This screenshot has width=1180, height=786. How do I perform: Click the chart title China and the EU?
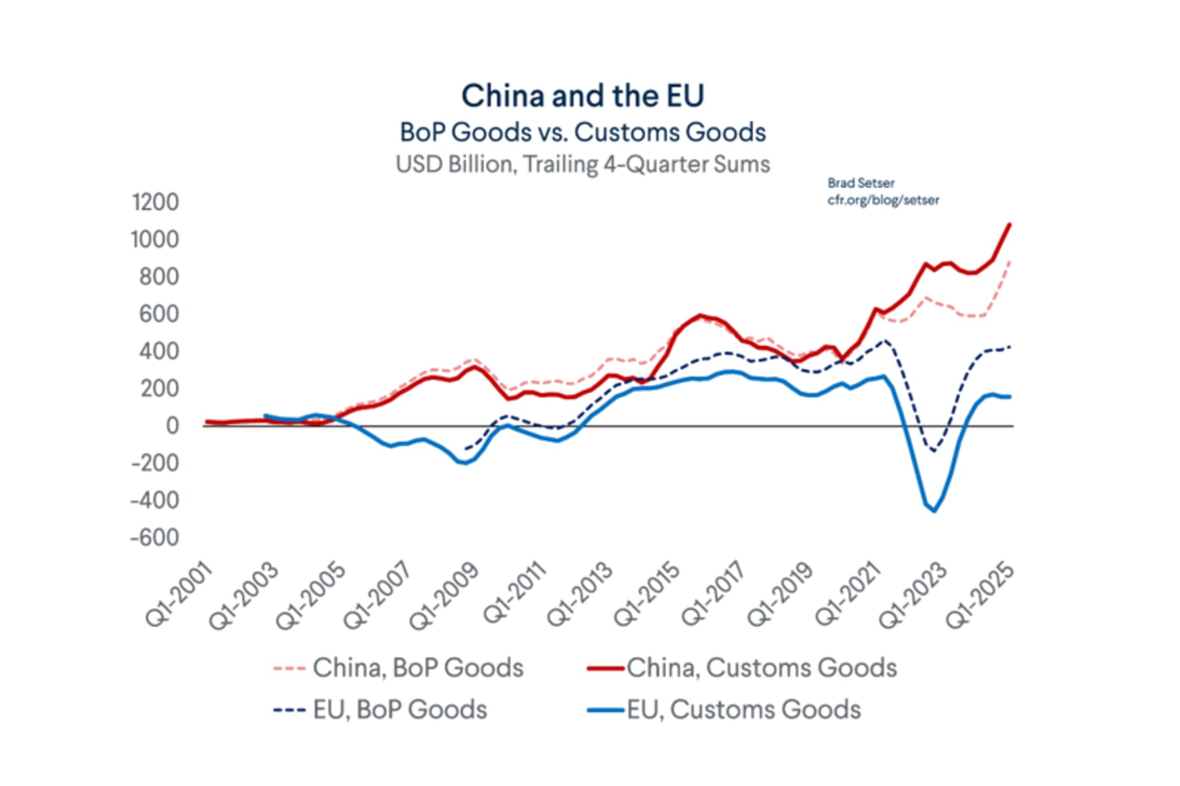[583, 96]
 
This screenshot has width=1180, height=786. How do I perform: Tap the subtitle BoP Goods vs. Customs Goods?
[583, 132]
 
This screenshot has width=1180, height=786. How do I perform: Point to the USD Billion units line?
[583, 165]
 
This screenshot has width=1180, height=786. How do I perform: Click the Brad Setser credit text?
[860, 183]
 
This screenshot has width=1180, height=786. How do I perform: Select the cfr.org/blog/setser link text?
[883, 200]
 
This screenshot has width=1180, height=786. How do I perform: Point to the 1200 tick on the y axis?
[155, 202]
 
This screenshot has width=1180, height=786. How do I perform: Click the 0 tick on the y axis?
[171, 426]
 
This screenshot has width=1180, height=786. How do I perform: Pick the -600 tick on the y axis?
[154, 537]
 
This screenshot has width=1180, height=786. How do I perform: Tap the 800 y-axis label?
[159, 277]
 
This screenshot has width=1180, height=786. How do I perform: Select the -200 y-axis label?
[154, 463]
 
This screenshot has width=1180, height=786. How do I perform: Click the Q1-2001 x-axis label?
[179, 594]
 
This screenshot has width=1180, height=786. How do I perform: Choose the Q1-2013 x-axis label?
[580, 594]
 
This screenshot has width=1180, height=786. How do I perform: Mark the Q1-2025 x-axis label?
[979, 595]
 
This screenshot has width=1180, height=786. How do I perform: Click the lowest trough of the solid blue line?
[934, 511]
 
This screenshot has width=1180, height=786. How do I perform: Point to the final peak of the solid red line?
[1009, 225]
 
